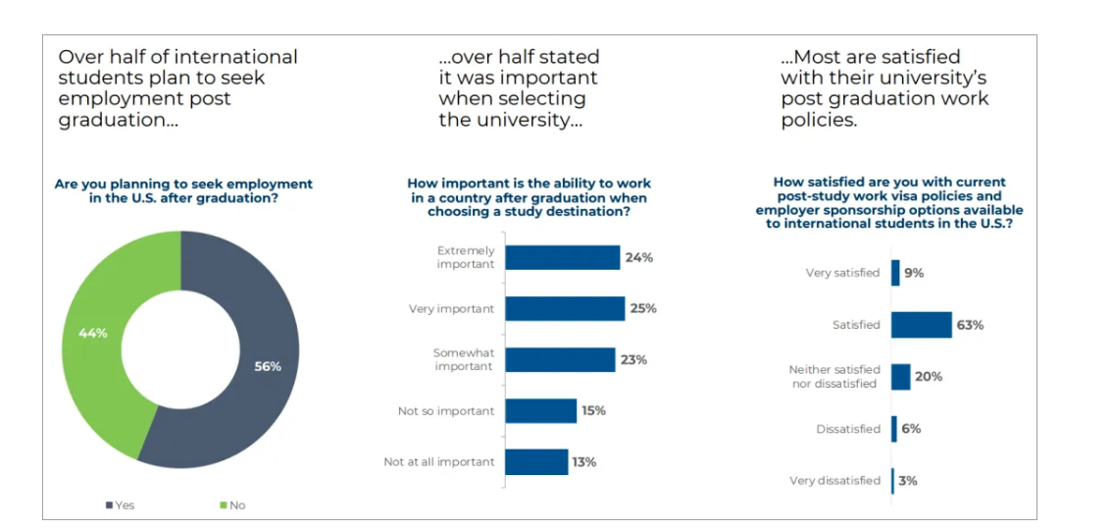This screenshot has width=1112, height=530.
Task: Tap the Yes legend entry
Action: pos(120,505)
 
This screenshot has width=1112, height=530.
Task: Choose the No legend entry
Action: pos(232,505)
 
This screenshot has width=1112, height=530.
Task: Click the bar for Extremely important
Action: pos(563,257)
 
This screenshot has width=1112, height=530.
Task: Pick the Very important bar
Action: pos(565,308)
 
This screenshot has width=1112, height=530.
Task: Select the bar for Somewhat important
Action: pos(560,360)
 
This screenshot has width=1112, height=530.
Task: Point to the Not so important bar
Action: pos(541,411)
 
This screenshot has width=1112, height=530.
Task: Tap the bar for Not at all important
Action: pos(536,462)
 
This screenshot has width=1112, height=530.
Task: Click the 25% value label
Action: pos(643,308)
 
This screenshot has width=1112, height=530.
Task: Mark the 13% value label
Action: pos(584,462)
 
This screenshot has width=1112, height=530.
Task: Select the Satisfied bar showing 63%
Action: pos(921,325)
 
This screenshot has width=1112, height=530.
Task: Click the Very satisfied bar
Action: pos(895,273)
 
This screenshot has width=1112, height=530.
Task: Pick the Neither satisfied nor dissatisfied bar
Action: pos(900,377)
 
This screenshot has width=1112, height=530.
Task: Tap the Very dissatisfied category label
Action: pos(834,481)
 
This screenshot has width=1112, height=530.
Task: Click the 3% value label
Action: pos(908,480)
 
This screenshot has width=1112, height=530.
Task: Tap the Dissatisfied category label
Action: pos(848,429)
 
